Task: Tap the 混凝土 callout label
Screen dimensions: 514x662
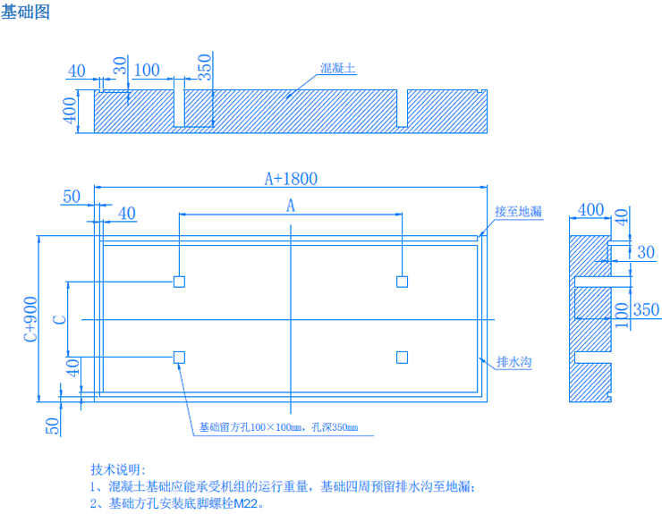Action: click(x=339, y=68)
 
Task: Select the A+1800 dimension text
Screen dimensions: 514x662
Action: click(x=292, y=178)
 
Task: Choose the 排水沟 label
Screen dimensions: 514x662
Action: click(x=514, y=362)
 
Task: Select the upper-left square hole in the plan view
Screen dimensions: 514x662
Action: click(x=179, y=282)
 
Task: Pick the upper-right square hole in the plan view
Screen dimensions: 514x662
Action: click(x=403, y=282)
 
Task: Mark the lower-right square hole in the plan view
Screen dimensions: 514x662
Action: click(x=403, y=358)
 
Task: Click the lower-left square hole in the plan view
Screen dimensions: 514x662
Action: click(x=179, y=358)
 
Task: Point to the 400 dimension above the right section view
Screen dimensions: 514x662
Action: click(x=591, y=210)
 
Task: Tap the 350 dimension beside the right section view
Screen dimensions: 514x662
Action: click(x=645, y=310)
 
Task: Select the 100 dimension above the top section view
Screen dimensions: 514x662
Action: click(x=146, y=71)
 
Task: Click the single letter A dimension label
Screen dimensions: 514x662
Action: click(x=291, y=206)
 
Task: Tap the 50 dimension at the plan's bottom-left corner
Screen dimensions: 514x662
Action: click(x=52, y=426)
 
